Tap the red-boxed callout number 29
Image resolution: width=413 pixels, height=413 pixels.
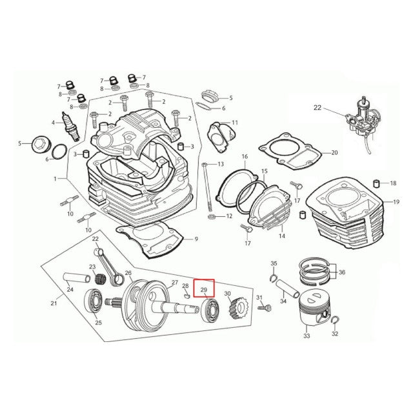204,290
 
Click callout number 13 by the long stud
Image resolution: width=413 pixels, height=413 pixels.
221,165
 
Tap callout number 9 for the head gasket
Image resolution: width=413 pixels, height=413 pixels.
196,240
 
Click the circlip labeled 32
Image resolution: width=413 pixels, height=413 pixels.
334,321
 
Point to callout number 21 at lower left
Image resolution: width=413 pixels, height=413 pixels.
53,303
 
